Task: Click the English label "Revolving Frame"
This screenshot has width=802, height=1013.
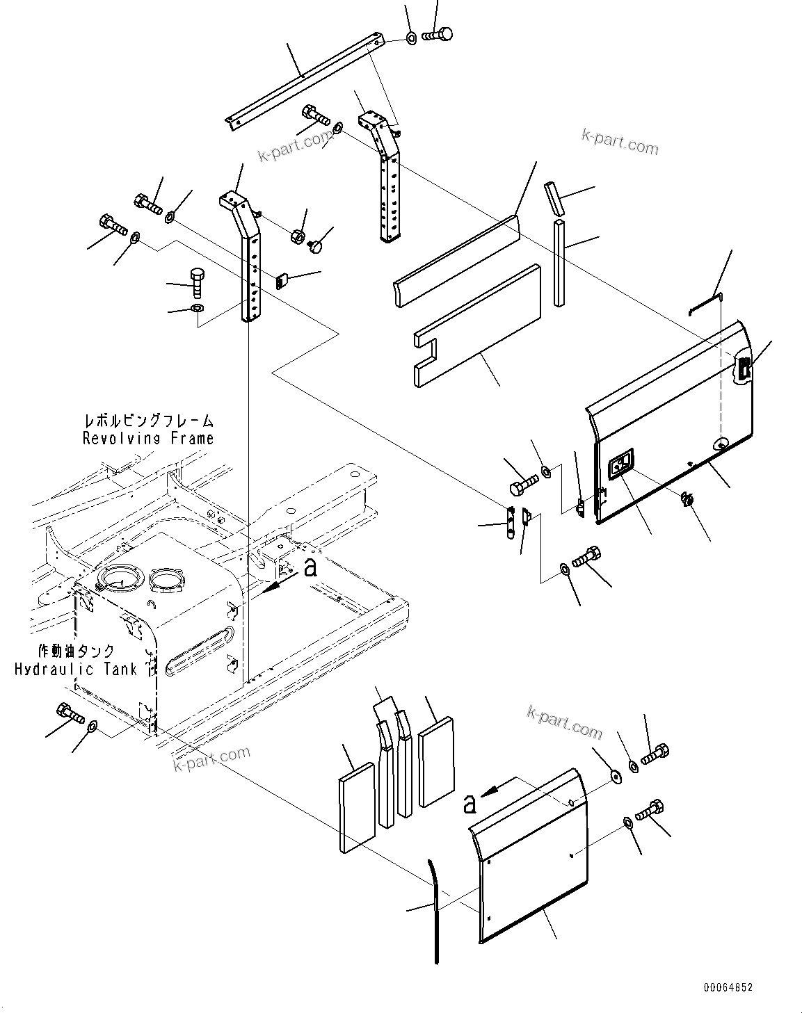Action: (x=147, y=438)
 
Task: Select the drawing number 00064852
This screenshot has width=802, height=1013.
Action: (x=727, y=987)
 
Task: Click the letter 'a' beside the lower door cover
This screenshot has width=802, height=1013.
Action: (x=470, y=804)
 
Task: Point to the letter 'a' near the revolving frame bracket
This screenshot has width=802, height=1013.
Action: (x=311, y=568)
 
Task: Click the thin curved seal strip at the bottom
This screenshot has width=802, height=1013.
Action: (x=435, y=911)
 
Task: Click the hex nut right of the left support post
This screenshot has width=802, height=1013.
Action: (x=298, y=235)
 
